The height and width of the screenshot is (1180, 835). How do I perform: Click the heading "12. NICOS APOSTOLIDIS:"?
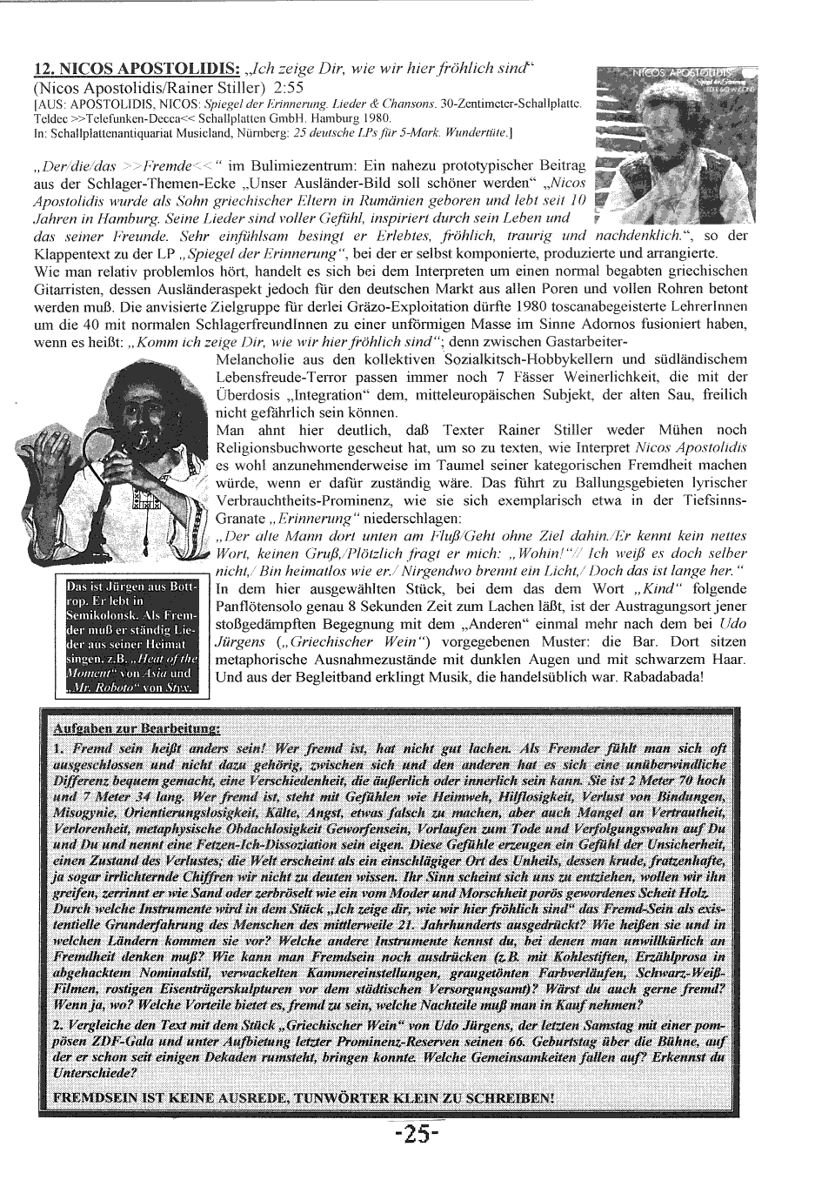(137, 70)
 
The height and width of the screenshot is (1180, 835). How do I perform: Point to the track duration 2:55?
(287, 87)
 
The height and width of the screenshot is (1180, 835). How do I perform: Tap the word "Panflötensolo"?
(256, 606)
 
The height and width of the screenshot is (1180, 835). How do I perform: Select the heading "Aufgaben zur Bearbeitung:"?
(137, 727)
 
